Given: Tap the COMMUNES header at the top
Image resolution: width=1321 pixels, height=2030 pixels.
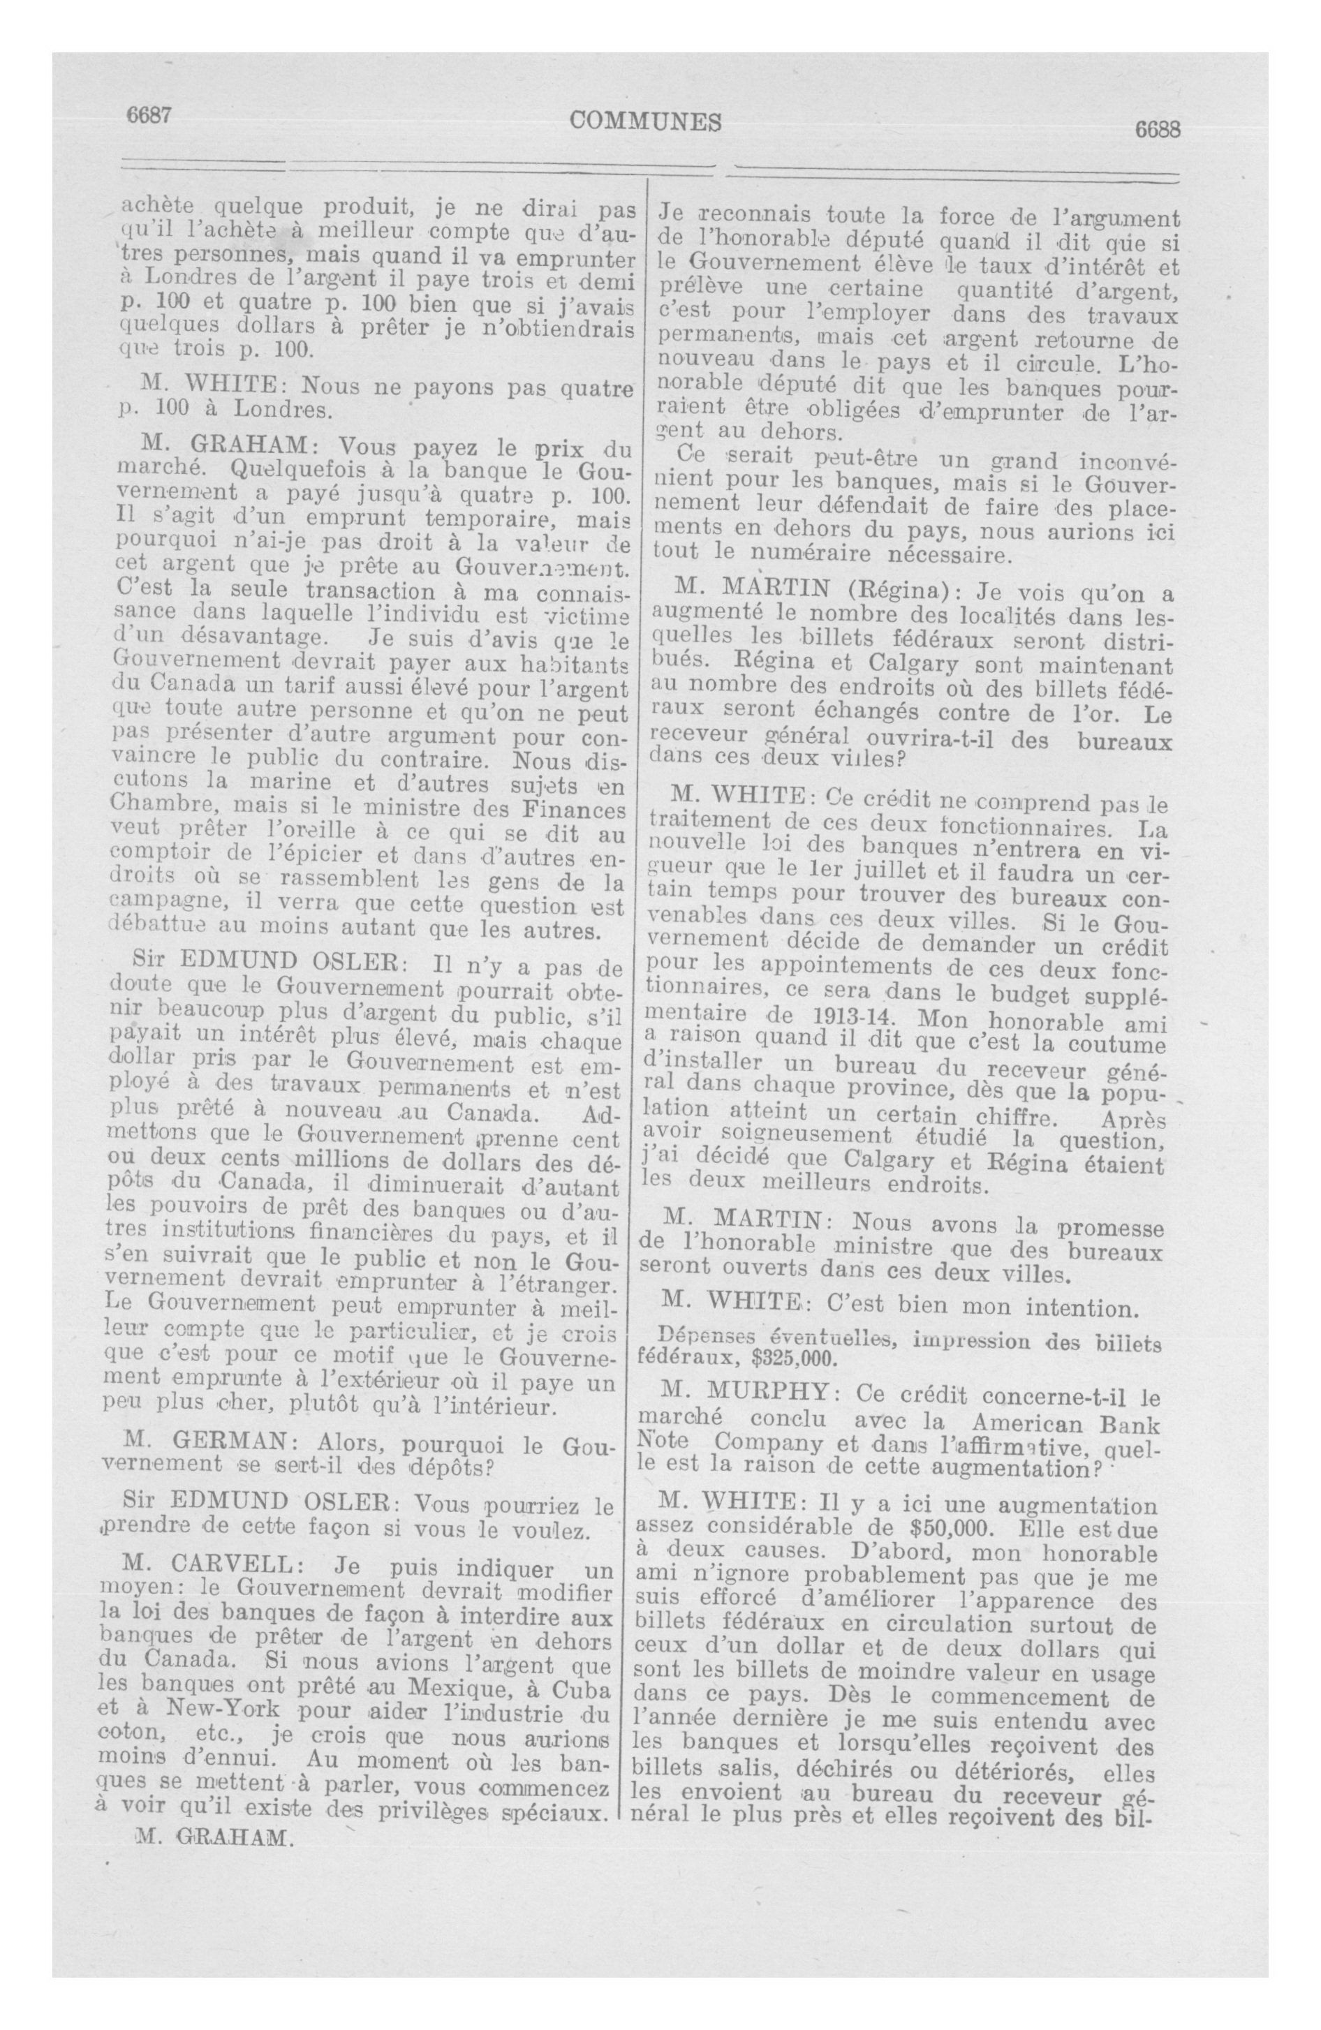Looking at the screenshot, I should (x=645, y=122).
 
